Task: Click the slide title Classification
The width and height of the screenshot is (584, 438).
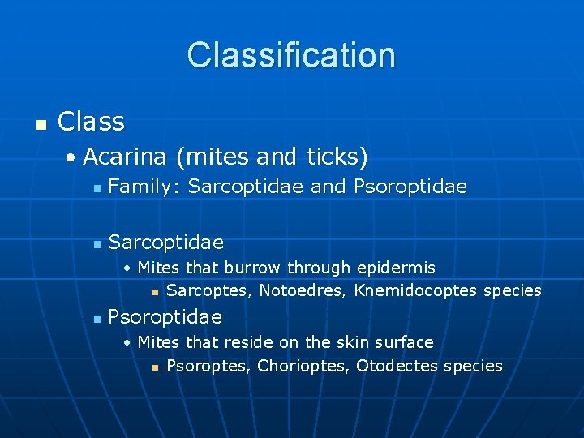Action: point(291,55)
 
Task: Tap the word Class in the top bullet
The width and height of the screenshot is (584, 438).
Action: point(91,122)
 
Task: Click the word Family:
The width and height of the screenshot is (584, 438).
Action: point(143,187)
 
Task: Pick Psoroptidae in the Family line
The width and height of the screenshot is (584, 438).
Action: point(410,187)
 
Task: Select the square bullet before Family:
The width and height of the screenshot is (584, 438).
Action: point(97,189)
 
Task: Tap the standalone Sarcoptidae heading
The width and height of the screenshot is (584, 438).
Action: point(165,243)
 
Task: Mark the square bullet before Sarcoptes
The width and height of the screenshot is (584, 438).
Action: point(155,292)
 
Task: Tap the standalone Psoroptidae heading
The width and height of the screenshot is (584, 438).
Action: point(165,316)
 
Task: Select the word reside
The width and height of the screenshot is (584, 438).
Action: point(247,342)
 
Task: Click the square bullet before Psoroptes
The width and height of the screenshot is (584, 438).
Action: point(155,367)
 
